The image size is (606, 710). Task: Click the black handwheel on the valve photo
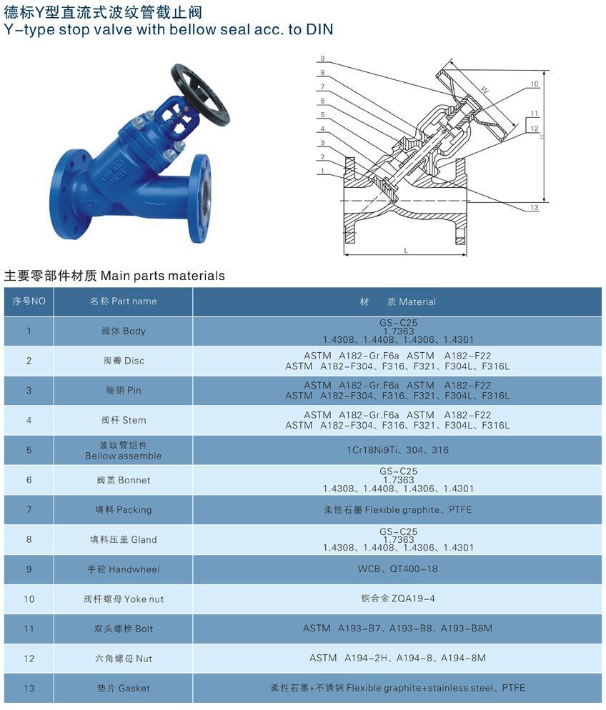tap(200, 94)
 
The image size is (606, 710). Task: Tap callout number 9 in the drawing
tap(323, 59)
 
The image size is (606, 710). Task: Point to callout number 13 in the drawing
tap(535, 207)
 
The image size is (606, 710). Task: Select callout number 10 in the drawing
tap(535, 84)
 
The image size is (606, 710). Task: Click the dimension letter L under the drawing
tap(406, 250)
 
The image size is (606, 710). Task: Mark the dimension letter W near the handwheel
tap(485, 91)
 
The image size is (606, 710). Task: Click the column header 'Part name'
tap(123, 301)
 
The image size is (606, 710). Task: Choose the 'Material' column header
tap(397, 302)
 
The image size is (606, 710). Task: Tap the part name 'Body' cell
tap(123, 331)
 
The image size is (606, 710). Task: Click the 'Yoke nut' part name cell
tap(123, 599)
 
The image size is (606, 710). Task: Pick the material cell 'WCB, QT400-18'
tap(397, 569)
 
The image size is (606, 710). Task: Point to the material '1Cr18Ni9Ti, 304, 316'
tap(397, 451)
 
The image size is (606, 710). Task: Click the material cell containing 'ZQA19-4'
tap(397, 599)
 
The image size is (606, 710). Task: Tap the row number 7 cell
tap(29, 510)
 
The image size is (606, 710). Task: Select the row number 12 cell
tap(29, 659)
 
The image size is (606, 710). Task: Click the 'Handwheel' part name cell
tap(123, 569)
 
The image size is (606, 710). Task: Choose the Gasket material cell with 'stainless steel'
tap(397, 689)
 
